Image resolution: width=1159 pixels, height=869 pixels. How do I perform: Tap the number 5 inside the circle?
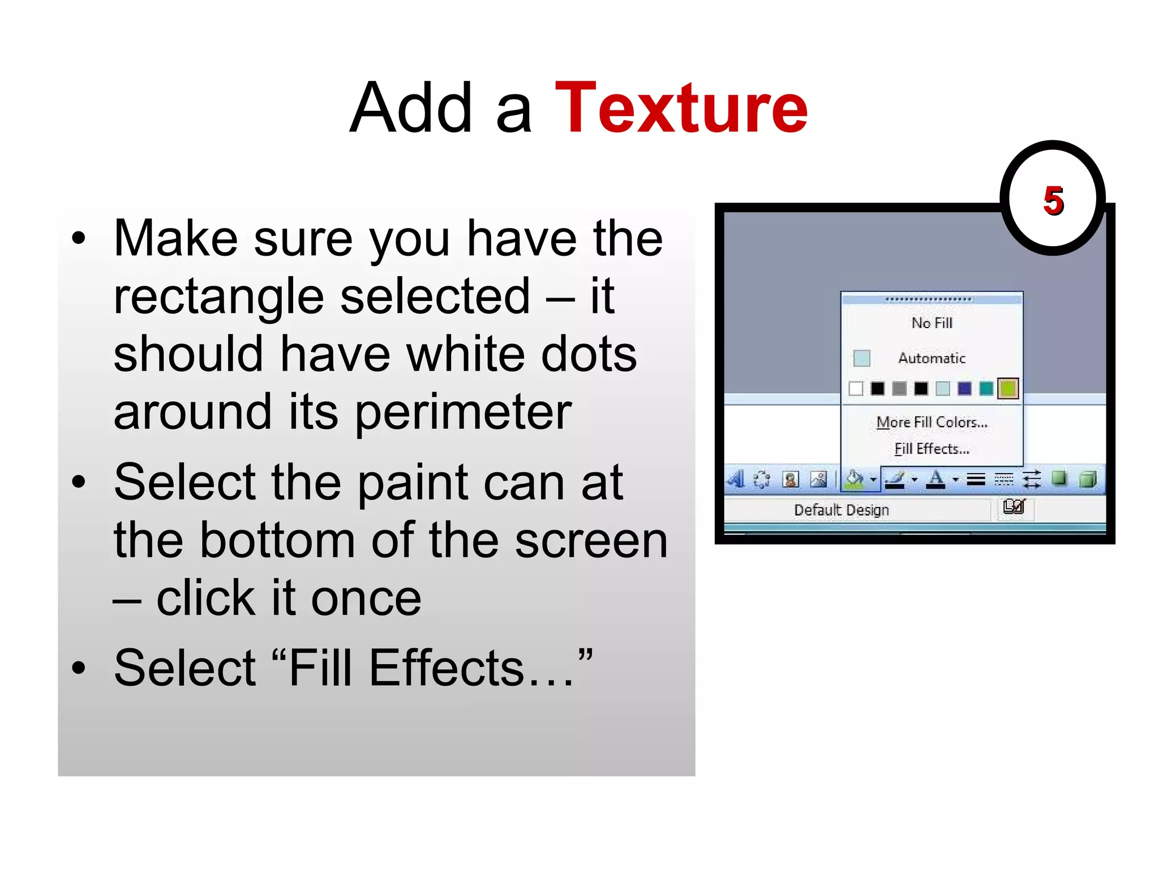point(1053,201)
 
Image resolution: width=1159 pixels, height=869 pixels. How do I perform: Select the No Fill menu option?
point(932,323)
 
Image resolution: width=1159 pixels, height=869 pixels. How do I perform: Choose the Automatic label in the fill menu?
point(932,358)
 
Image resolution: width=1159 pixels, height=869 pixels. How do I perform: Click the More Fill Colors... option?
point(932,422)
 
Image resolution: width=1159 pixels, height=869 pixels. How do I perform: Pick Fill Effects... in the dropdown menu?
point(932,449)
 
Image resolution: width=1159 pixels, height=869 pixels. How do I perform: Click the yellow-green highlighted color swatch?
point(1007,389)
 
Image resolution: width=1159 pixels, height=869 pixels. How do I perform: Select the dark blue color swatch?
point(964,389)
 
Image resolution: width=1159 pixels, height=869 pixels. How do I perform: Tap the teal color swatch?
point(986,389)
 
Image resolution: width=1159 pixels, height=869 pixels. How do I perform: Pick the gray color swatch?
point(899,389)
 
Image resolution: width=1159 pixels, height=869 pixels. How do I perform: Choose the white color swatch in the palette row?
point(856,389)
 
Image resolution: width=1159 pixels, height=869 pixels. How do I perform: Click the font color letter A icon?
point(936,480)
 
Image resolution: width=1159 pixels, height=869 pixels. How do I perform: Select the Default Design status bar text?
point(842,510)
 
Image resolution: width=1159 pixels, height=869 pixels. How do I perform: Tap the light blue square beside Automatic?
point(861,358)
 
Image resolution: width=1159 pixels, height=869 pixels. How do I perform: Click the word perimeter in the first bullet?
point(463,412)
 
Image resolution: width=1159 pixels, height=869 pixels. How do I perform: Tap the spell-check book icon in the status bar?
point(1014,507)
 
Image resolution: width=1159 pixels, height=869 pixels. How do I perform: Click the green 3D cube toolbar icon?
point(1088,480)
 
